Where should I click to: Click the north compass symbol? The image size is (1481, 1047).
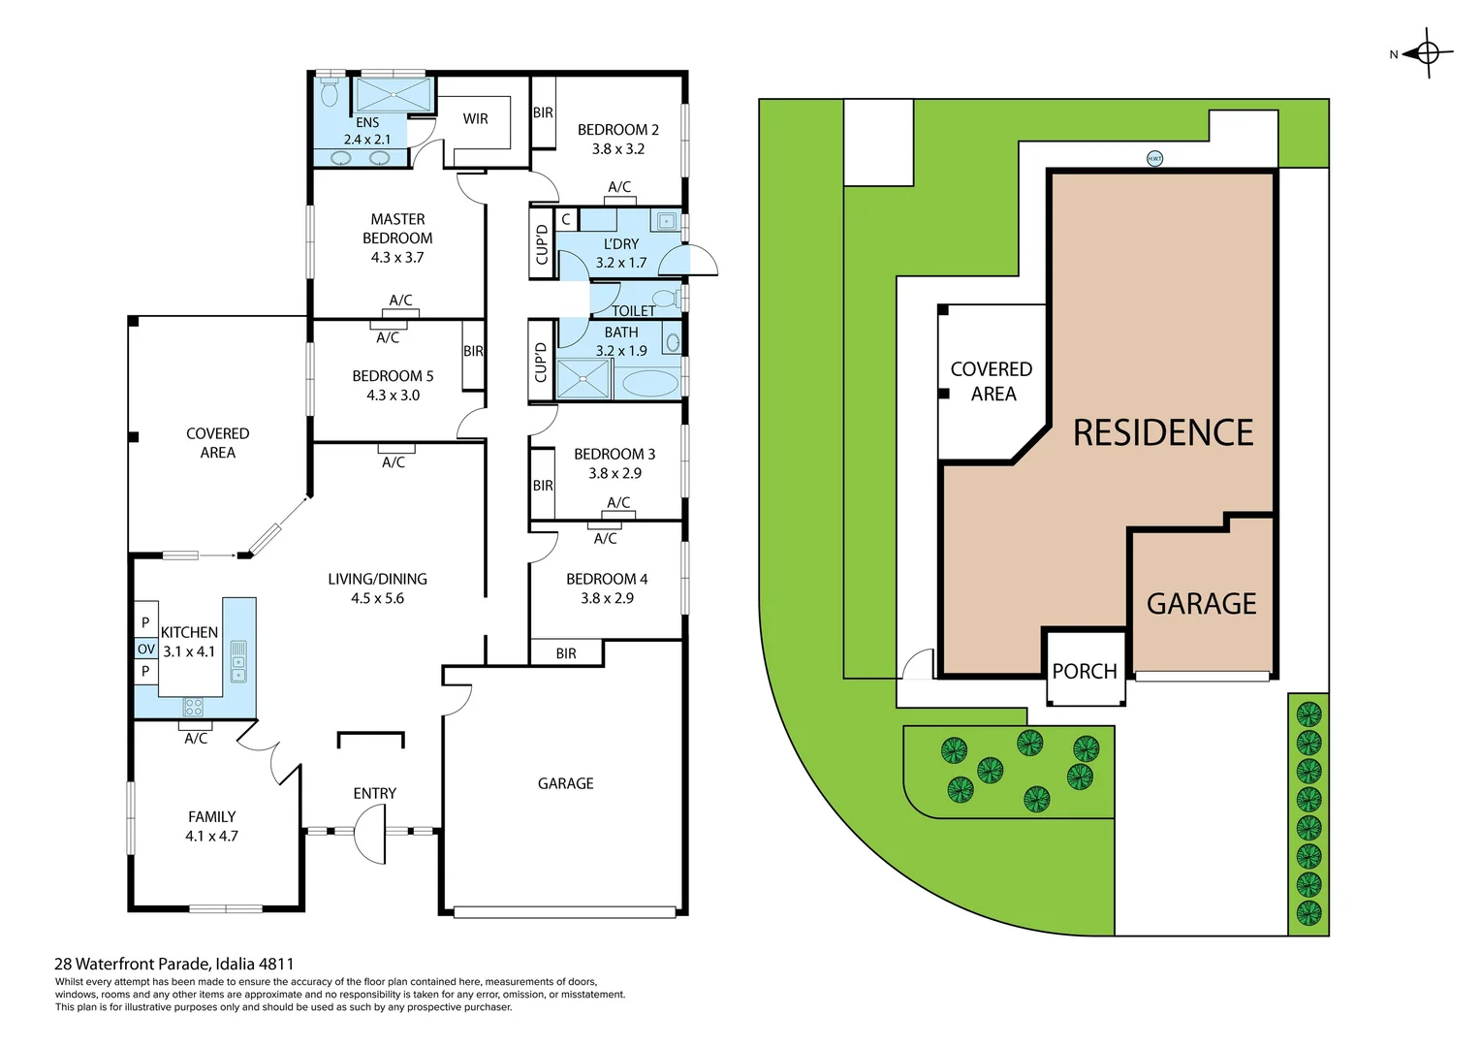1427,53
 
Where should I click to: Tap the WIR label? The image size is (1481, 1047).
475,119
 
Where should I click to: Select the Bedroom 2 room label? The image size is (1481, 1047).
617,130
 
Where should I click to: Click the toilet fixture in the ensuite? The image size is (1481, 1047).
330,93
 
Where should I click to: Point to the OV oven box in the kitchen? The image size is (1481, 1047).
145,650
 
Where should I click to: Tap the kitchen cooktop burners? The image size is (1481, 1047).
194,707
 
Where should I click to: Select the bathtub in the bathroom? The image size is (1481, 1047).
649,384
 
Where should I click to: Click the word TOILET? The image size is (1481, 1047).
633,311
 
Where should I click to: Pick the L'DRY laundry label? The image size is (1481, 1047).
621,244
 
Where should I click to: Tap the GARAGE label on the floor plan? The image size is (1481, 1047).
565,783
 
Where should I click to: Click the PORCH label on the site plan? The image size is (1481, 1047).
1085,671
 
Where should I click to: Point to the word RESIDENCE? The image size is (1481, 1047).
1162,432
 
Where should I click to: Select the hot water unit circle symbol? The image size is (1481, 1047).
1154,158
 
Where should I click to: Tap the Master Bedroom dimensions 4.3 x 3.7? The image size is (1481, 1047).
397,258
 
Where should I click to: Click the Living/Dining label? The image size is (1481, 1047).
377,580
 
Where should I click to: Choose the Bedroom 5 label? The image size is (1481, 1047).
393,376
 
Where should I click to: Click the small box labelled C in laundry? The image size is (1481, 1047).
566,220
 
